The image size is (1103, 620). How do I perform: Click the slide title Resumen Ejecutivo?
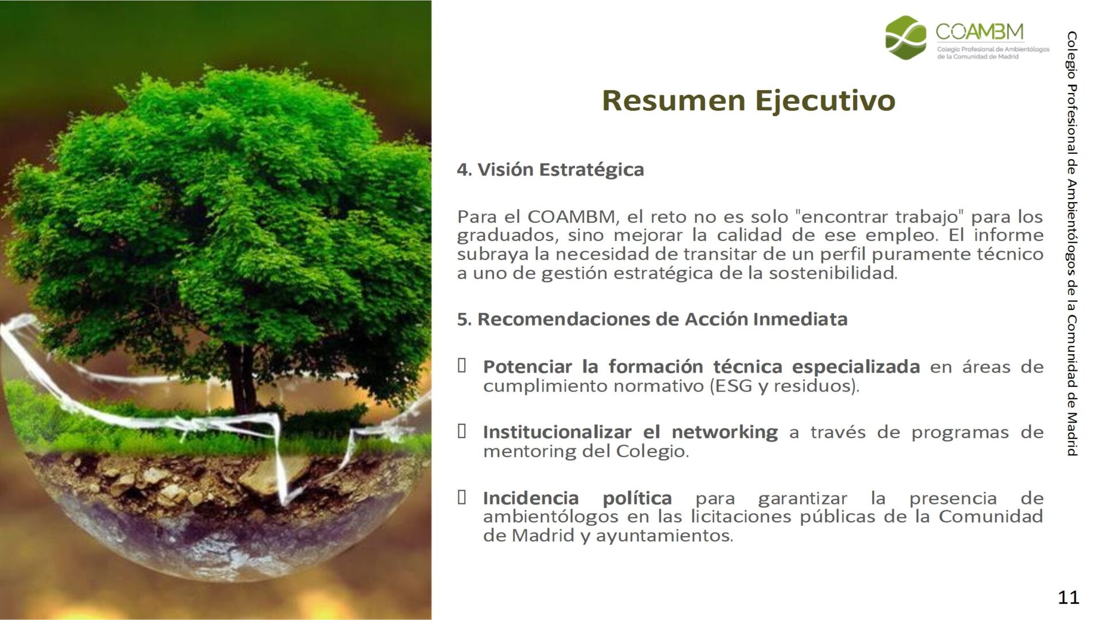click(x=749, y=101)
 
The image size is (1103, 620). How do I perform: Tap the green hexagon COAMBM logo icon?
click(x=906, y=37)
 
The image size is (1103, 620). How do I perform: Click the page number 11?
click(x=1069, y=597)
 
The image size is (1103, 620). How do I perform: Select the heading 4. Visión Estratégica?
click(x=550, y=170)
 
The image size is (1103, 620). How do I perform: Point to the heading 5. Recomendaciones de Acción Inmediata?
click(x=652, y=319)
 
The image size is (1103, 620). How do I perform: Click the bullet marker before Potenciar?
click(x=461, y=365)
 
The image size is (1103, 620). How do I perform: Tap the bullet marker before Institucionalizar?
click(x=461, y=431)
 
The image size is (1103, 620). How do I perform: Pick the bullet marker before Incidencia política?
click(x=461, y=497)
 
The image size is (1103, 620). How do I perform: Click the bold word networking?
click(x=725, y=432)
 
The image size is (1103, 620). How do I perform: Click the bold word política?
click(x=637, y=498)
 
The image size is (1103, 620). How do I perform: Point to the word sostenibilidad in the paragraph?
click(x=833, y=273)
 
